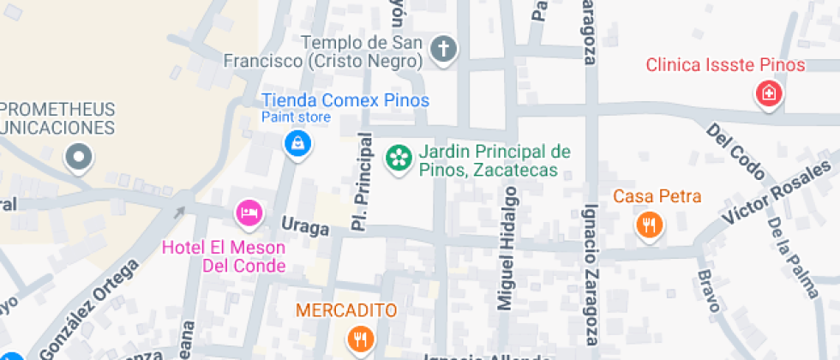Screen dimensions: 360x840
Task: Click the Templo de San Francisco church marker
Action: [443, 50]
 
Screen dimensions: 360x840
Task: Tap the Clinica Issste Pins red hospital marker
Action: [769, 93]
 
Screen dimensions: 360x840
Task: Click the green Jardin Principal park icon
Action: [398, 157]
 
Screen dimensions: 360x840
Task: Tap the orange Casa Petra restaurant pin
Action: [649, 225]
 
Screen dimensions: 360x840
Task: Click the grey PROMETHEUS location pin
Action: [80, 156]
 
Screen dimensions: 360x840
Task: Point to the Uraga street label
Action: [306, 227]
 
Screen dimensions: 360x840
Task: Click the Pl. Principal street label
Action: [363, 182]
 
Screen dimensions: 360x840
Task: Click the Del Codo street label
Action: [735, 151]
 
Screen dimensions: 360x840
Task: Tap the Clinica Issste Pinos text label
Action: [725, 65]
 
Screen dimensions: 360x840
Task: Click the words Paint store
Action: [296, 117]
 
